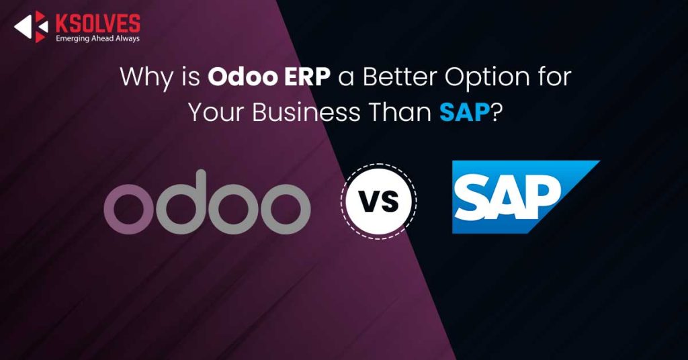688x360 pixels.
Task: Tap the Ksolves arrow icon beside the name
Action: (31, 27)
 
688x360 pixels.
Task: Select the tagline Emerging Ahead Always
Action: (97, 38)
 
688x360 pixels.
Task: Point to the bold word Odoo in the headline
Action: (243, 77)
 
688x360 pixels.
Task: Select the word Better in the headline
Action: (400, 77)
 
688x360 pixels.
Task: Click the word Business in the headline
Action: (306, 112)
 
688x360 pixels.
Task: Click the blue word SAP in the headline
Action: (465, 113)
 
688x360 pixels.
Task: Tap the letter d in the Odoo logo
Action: (181, 202)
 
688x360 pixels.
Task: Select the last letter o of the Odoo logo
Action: (286, 209)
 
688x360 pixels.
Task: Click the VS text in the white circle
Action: (379, 202)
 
